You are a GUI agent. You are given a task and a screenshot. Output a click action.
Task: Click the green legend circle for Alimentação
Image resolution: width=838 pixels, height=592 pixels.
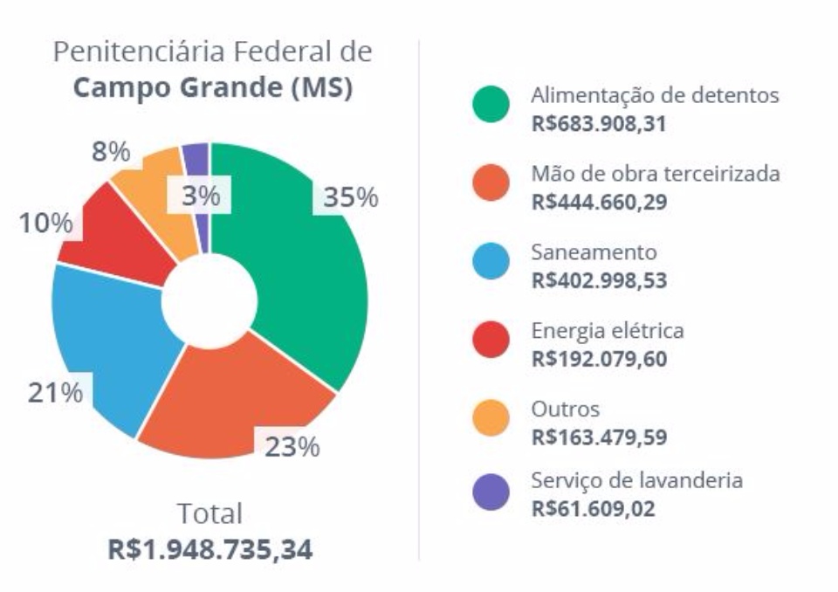click(x=491, y=106)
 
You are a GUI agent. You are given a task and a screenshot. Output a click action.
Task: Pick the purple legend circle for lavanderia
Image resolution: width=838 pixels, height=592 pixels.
click(x=491, y=491)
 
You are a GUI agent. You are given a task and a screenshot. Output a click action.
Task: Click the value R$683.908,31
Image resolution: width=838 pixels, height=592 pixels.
click(x=599, y=125)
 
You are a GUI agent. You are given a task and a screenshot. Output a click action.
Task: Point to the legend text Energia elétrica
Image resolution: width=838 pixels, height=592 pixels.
click(x=608, y=331)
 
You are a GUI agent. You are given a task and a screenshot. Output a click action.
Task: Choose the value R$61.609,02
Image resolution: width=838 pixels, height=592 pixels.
click(x=593, y=508)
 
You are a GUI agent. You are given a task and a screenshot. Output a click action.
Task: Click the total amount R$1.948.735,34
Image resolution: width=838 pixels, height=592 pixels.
click(x=210, y=549)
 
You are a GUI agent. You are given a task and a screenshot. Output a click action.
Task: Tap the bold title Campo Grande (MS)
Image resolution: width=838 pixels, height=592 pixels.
click(x=213, y=91)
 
